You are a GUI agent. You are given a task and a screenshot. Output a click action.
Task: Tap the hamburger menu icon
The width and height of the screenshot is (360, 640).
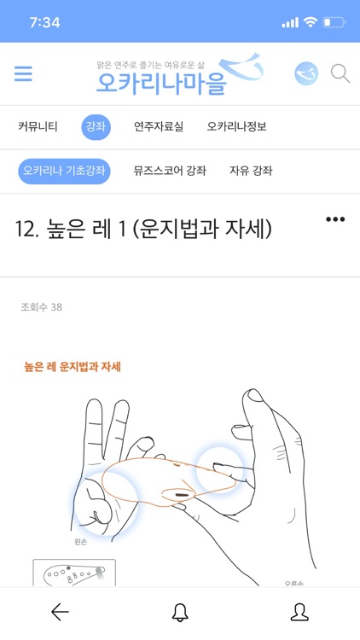point(23,74)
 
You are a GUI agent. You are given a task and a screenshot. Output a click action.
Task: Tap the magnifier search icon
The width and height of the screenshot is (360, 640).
point(340,74)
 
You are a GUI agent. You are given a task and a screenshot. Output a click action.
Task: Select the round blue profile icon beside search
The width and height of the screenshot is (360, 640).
point(305,74)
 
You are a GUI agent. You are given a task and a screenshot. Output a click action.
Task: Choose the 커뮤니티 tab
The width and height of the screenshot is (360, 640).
point(38,127)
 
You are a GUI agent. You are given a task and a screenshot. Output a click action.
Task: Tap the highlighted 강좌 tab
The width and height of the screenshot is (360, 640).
point(96,127)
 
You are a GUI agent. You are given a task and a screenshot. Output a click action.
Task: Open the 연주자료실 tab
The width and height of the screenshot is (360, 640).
point(159,127)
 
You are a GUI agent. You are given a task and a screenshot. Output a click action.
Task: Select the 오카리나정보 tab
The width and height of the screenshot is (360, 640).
point(236,127)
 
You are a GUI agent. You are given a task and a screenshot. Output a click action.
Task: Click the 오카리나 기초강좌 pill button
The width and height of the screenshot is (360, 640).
point(65,171)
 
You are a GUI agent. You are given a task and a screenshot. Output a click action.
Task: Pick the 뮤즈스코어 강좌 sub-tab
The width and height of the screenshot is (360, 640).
point(170,171)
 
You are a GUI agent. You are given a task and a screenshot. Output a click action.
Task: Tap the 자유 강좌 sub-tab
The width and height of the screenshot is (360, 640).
point(251,171)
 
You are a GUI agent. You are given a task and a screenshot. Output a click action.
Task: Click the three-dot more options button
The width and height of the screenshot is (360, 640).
point(335,219)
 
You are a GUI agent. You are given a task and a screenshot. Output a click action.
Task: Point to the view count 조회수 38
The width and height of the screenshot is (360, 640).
point(41,307)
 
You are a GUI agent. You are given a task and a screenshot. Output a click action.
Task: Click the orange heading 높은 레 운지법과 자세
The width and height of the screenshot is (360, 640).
point(73,367)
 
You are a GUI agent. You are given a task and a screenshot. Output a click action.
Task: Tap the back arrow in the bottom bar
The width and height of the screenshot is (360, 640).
point(60,612)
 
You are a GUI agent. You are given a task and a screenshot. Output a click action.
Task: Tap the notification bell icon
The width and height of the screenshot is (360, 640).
point(180,612)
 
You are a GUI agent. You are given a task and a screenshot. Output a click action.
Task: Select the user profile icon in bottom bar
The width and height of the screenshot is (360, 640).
point(299,612)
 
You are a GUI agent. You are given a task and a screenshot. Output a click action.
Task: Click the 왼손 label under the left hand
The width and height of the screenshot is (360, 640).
point(82,542)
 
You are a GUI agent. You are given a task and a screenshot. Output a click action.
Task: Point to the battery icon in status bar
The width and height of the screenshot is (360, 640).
point(334,22)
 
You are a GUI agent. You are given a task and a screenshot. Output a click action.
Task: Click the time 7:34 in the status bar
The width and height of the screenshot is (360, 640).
point(44,22)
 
